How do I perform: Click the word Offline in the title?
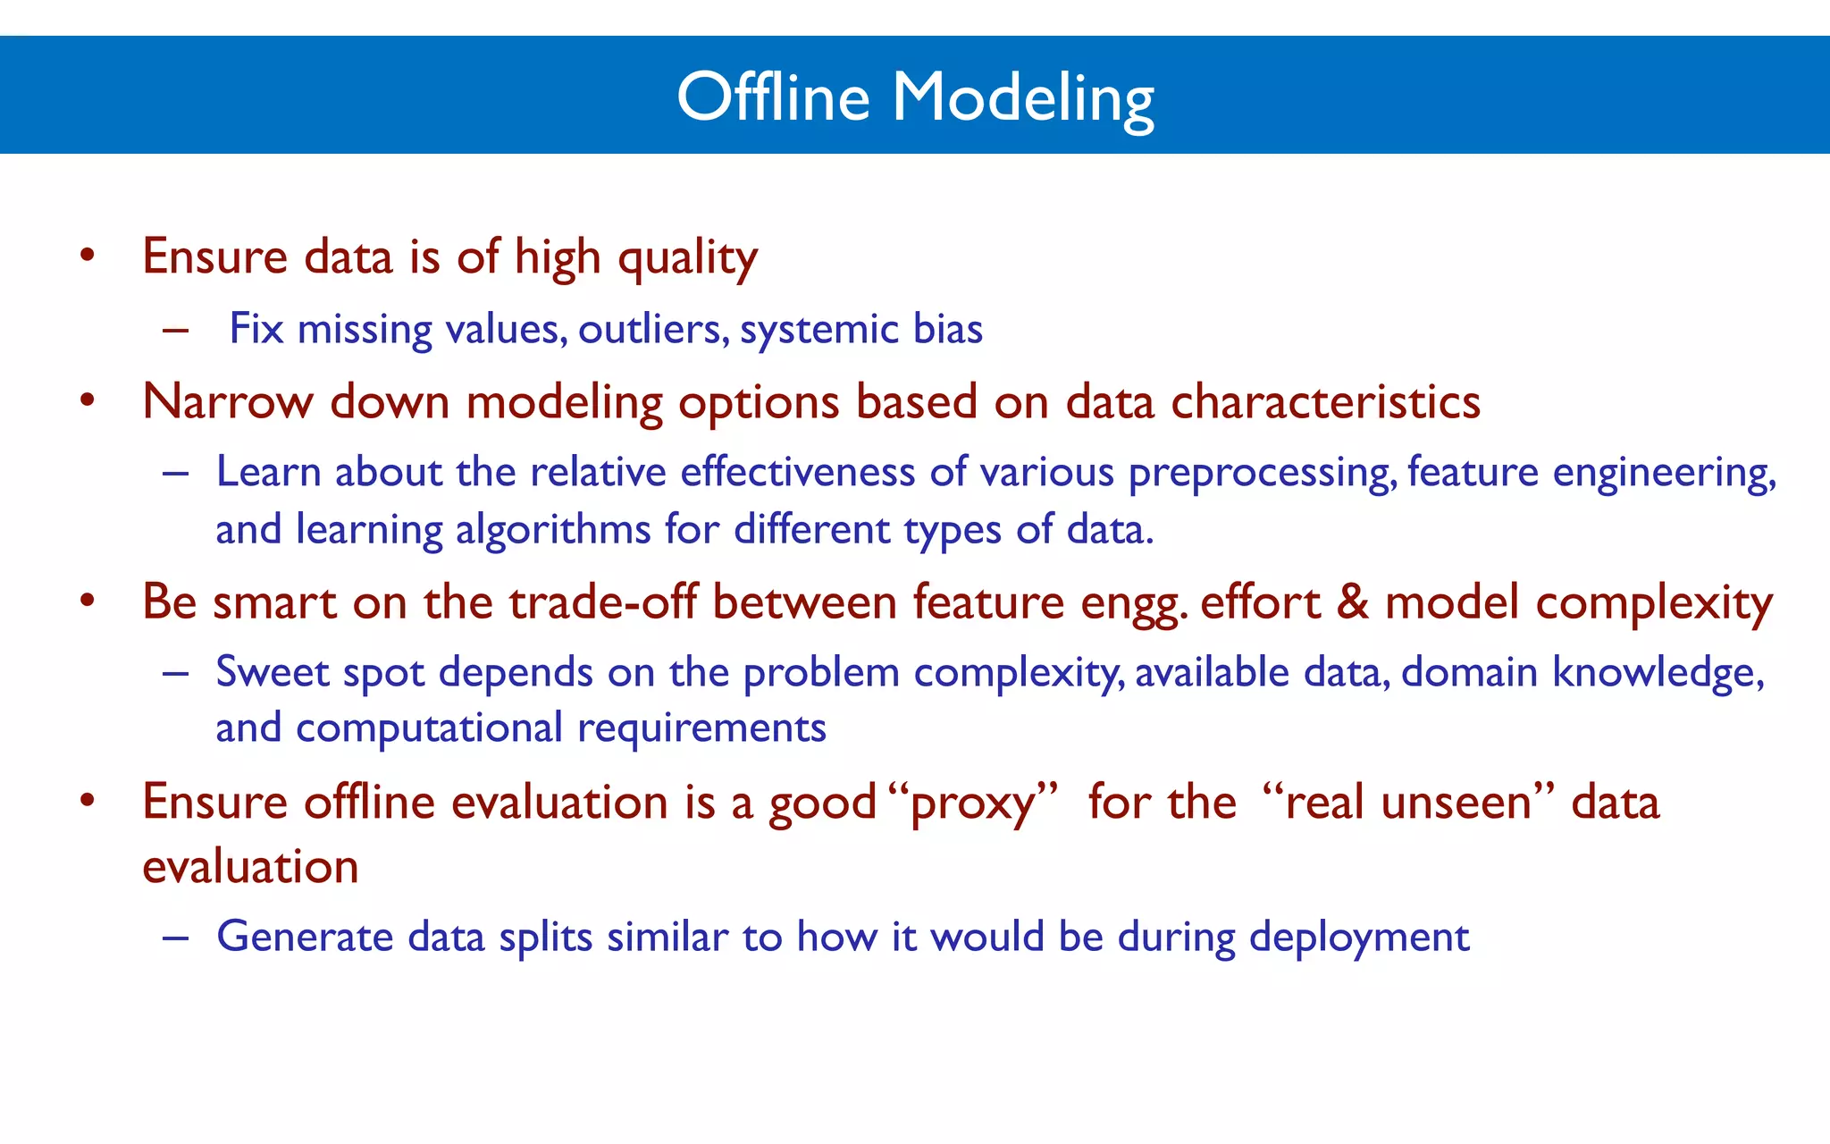click(x=773, y=97)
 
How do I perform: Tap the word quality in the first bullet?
click(x=687, y=258)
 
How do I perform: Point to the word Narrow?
click(x=227, y=402)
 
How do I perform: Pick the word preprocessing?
click(x=1261, y=473)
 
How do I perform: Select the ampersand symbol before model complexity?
click(x=1352, y=601)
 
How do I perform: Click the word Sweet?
click(x=273, y=671)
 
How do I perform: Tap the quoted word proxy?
click(x=974, y=802)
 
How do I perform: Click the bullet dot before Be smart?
click(x=87, y=601)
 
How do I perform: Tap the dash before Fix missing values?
click(x=175, y=330)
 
